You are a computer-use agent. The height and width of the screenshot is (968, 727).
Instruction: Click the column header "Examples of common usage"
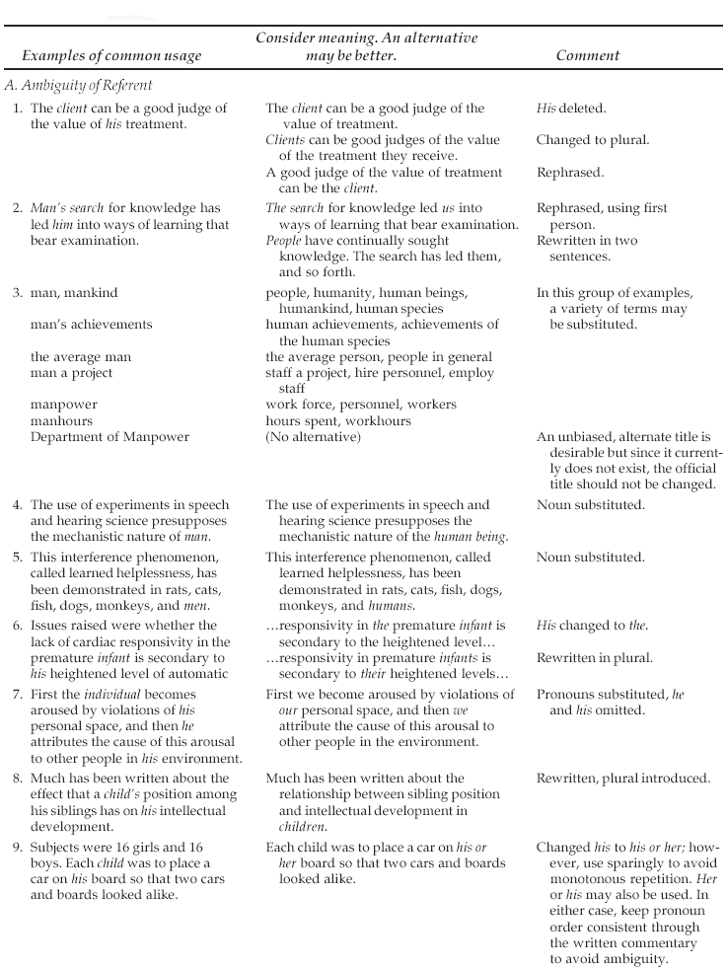tap(111, 55)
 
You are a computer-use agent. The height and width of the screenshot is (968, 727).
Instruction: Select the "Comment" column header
tap(587, 55)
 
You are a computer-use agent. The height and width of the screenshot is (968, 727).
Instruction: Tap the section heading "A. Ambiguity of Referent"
tap(79, 86)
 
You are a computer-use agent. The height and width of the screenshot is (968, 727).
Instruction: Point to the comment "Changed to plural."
tap(593, 140)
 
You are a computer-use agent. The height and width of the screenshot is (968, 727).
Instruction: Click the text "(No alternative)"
tap(313, 436)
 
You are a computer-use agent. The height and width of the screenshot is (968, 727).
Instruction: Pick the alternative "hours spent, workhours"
tap(338, 420)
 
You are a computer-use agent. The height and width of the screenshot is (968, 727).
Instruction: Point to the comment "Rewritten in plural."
tap(595, 657)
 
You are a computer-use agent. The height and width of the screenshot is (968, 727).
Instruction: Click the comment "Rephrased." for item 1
tap(570, 172)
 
